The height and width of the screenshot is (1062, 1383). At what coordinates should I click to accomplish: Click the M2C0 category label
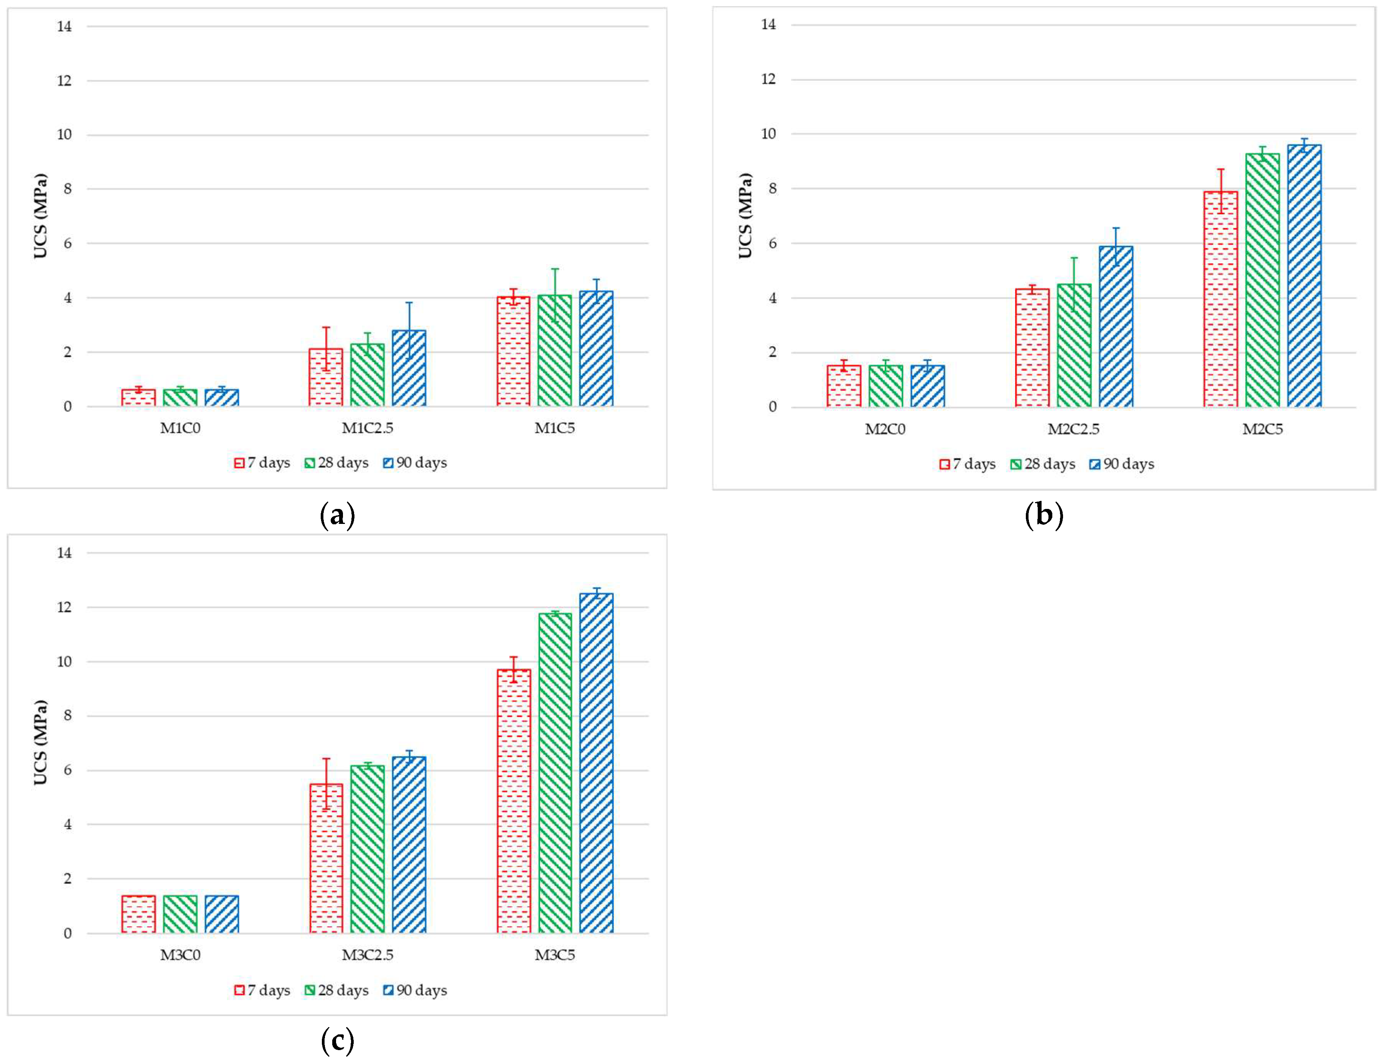(x=885, y=429)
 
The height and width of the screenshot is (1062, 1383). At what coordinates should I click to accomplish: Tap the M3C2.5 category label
(x=367, y=955)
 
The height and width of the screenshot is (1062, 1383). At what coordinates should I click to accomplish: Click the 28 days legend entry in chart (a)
(x=336, y=463)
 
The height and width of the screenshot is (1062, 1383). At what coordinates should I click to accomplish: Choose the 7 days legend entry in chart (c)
(x=262, y=990)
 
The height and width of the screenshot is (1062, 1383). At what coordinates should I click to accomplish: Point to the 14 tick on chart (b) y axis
(x=768, y=25)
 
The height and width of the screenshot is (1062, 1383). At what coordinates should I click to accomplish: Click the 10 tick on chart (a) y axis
(x=64, y=135)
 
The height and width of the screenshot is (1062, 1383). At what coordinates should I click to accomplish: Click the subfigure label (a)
(x=337, y=515)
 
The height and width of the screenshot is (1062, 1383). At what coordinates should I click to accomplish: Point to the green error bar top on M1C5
(x=555, y=269)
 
